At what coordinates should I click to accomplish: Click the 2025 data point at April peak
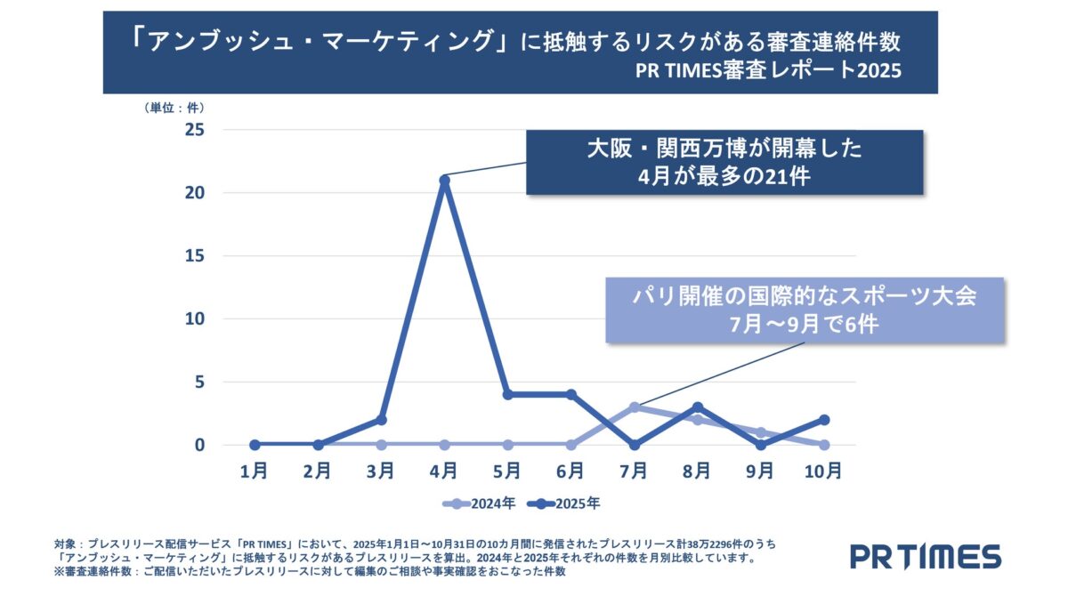coord(444,180)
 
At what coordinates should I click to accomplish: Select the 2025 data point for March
coord(381,419)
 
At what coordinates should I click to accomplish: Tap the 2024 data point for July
coord(634,407)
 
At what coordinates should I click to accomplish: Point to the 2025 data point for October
coord(823,419)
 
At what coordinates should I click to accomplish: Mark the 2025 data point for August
coord(697,407)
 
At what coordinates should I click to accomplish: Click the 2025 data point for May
coord(507,394)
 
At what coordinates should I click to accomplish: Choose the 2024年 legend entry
coord(481,503)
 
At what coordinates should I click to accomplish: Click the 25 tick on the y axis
coord(193,130)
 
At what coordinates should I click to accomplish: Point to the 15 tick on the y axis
coord(193,256)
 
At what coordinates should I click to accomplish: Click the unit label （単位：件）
coord(174,107)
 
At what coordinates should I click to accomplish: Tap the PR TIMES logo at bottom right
coord(925,556)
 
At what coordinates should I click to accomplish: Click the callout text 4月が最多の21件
coord(724,175)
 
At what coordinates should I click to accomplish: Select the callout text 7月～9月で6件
coord(805,324)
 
